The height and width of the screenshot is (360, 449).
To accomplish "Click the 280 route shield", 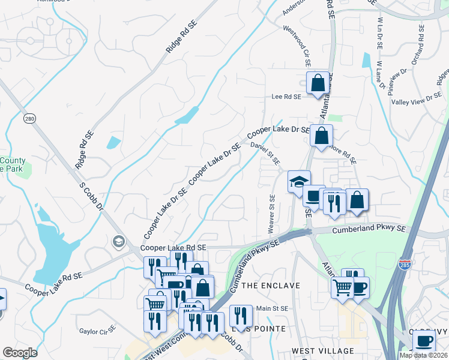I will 29,118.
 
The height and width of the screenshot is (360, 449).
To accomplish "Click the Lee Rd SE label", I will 286,96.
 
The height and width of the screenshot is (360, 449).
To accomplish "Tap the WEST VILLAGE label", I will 322,350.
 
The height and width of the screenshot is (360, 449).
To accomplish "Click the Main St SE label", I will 273,308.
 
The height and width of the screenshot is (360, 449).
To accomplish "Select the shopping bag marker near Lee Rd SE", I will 318,83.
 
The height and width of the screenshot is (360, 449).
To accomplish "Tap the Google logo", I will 20,353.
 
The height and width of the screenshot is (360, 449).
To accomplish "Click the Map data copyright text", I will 424,355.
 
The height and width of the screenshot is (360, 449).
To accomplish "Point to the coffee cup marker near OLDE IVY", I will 424,341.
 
